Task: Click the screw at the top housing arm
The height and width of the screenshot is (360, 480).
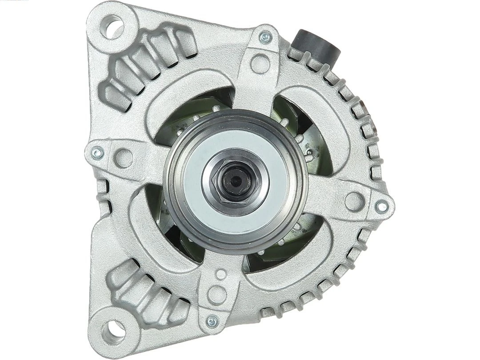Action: (265, 37)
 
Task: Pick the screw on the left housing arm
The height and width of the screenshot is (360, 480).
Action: (97, 153)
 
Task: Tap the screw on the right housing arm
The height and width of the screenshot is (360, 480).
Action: (381, 206)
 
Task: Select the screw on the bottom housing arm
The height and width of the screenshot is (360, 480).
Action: (212, 321)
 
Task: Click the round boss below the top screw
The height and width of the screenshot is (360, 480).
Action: (260, 64)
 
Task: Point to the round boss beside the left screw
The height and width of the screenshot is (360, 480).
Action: (124, 158)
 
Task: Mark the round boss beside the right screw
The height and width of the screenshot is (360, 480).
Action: (354, 201)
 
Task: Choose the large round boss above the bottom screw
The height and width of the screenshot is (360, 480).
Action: (217, 294)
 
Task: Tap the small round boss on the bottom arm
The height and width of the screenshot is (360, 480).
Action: (220, 274)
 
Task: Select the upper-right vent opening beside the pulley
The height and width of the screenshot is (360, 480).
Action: (302, 129)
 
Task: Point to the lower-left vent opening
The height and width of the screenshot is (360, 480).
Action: (164, 222)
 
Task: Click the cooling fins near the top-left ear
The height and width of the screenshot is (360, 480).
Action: (147, 62)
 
